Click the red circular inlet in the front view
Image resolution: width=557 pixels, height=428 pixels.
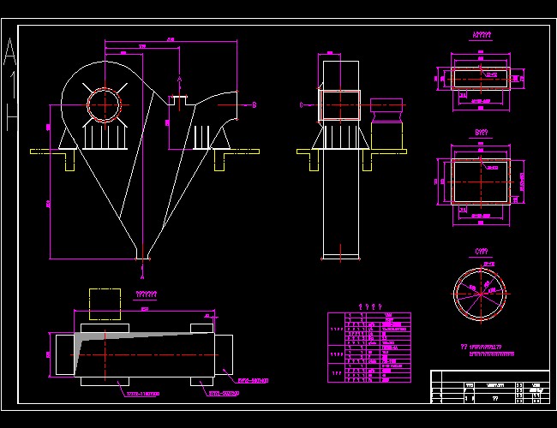tap(105, 106)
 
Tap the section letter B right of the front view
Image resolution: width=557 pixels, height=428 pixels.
tap(255, 105)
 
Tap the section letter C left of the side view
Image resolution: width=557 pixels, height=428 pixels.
tap(301, 105)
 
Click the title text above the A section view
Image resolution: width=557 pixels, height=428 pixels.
tap(482, 36)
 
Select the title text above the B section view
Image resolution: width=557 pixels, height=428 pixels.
tap(482, 134)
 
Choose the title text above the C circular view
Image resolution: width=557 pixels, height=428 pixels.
tap(482, 251)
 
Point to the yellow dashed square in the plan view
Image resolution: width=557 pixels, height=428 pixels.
tap(105, 303)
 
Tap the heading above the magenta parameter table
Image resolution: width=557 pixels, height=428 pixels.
tap(369, 307)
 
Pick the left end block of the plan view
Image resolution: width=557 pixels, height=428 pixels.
tap(65, 354)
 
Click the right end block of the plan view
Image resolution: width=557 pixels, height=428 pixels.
tap(225, 352)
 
